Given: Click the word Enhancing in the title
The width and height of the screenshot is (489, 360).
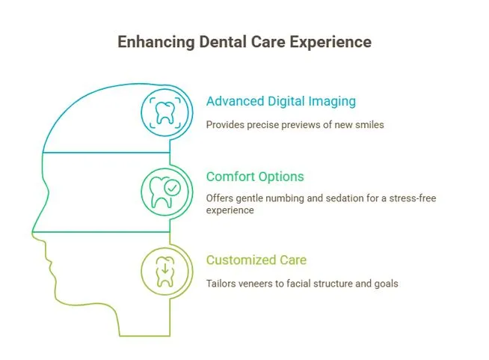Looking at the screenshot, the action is coord(156,42).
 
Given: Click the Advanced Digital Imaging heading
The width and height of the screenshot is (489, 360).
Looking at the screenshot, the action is coord(281,102).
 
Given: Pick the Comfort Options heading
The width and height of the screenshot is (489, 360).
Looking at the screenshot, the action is coord(255,177).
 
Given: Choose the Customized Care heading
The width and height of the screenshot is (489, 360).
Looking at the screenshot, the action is coord(256,260).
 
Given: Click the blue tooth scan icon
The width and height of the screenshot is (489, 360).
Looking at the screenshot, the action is coord(165,113).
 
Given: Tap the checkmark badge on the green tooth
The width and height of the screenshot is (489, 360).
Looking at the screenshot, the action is coord(172,188).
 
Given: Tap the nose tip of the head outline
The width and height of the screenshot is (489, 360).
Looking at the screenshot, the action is coord(32,232).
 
